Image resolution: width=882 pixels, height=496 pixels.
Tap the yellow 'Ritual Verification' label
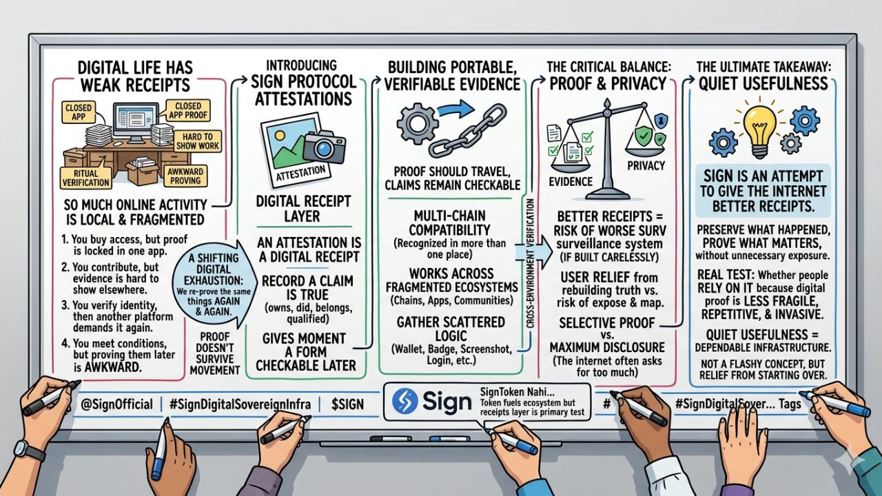click(86, 178)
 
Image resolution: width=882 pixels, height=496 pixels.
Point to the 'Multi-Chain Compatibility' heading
click(452, 222)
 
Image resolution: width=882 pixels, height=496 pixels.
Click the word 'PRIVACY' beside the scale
click(646, 165)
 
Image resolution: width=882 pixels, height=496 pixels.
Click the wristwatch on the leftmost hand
click(21, 451)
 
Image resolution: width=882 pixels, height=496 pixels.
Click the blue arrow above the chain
click(451, 109)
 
